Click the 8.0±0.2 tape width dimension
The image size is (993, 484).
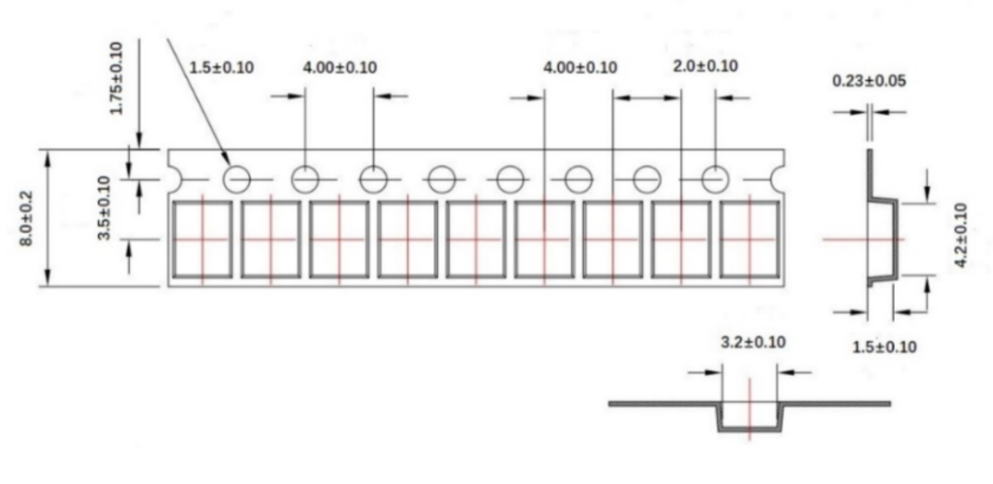pyautogui.click(x=26, y=219)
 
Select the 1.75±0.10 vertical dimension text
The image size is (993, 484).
pyautogui.click(x=116, y=78)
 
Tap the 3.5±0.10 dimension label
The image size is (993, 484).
pyautogui.click(x=104, y=208)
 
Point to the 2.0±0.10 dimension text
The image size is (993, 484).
pyautogui.click(x=706, y=66)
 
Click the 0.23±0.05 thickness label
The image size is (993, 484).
pyautogui.click(x=869, y=81)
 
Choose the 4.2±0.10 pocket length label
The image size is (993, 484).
pyautogui.click(x=961, y=235)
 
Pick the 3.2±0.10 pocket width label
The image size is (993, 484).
pyautogui.click(x=753, y=342)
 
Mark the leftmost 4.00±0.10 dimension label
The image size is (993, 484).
pyautogui.click(x=340, y=68)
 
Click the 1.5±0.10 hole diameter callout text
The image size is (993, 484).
pyautogui.click(x=222, y=68)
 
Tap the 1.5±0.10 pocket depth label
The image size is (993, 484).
pyautogui.click(x=884, y=347)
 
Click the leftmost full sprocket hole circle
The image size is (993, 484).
pyautogui.click(x=237, y=179)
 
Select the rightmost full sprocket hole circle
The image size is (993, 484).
pyautogui.click(x=715, y=179)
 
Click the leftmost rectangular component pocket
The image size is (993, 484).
pyautogui.click(x=203, y=240)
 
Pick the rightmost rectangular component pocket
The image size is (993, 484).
pyautogui.click(x=750, y=240)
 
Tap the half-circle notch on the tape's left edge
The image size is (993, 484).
pyautogui.click(x=175, y=179)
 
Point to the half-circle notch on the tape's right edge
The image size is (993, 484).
pyautogui.click(x=778, y=179)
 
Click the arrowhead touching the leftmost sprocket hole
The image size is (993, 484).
pyautogui.click(x=225, y=159)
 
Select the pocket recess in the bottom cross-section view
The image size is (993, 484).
pyautogui.click(x=750, y=417)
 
